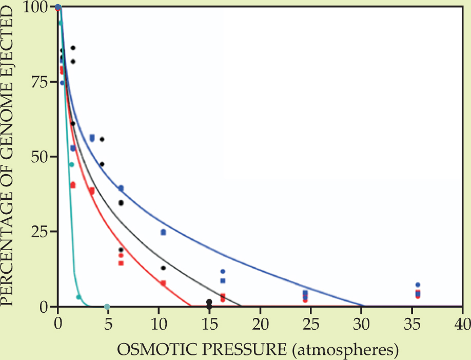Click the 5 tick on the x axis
(108, 325)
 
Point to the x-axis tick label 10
(159, 325)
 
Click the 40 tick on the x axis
(461, 325)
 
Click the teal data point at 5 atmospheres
(107, 307)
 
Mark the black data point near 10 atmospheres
(163, 268)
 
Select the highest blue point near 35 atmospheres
(418, 285)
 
